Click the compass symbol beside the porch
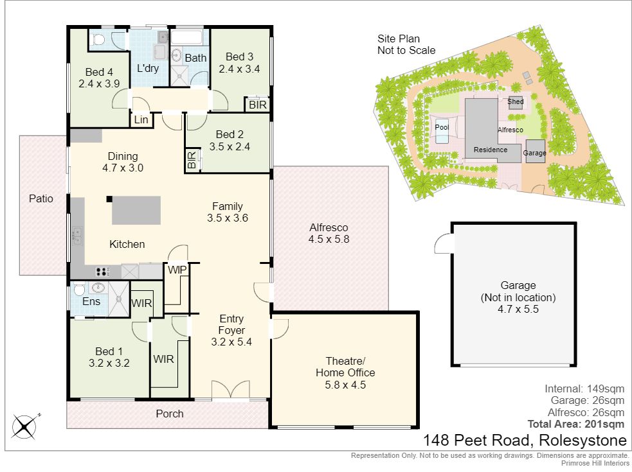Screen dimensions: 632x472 (25, 426)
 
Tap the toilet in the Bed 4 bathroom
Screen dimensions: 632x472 (98, 39)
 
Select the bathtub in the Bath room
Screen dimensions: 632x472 (186, 38)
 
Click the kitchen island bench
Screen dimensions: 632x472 (136, 210)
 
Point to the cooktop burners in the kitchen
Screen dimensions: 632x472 (103, 272)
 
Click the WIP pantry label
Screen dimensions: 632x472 (177, 270)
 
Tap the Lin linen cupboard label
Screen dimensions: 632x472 (141, 119)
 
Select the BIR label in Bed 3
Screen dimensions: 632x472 (258, 105)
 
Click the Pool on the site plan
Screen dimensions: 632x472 (442, 129)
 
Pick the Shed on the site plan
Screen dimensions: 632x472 (516, 102)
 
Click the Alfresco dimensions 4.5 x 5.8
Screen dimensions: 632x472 (329, 240)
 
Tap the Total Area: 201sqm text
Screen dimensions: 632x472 (576, 424)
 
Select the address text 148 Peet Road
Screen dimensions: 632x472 (478, 440)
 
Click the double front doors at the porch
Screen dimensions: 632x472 (231, 390)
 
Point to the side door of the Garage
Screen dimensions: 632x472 (444, 243)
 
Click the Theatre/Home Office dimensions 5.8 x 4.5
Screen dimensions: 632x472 (345, 385)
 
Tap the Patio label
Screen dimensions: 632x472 (41, 198)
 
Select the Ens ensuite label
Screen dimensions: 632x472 (91, 302)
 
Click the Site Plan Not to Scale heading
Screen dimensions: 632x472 (406, 45)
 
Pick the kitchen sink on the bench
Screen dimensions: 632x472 (77, 236)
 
